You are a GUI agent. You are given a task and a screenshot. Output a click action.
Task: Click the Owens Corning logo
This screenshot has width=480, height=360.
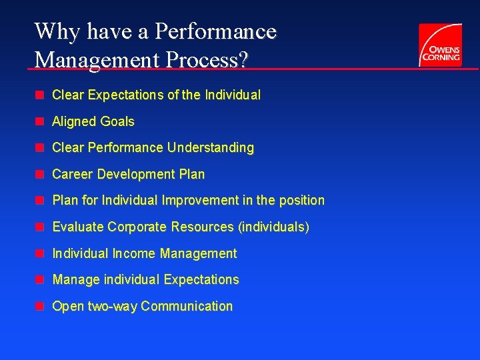click(440, 45)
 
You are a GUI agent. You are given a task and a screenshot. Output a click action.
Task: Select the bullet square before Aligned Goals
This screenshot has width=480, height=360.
click(40, 121)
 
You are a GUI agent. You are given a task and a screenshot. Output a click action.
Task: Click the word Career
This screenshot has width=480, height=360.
click(73, 175)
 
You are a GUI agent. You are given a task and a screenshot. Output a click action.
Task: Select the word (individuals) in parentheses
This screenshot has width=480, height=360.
click(273, 227)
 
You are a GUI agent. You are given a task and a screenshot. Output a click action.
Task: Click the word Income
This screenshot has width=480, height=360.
click(135, 253)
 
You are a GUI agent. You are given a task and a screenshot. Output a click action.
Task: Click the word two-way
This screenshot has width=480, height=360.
click(113, 307)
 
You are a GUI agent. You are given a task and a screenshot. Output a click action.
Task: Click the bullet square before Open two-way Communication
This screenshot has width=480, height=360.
click(40, 306)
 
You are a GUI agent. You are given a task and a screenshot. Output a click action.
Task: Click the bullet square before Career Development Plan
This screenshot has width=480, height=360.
click(40, 174)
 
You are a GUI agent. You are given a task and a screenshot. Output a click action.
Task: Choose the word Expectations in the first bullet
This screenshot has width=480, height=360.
click(125, 95)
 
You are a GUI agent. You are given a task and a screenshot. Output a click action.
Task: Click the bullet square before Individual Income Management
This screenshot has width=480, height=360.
click(40, 253)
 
